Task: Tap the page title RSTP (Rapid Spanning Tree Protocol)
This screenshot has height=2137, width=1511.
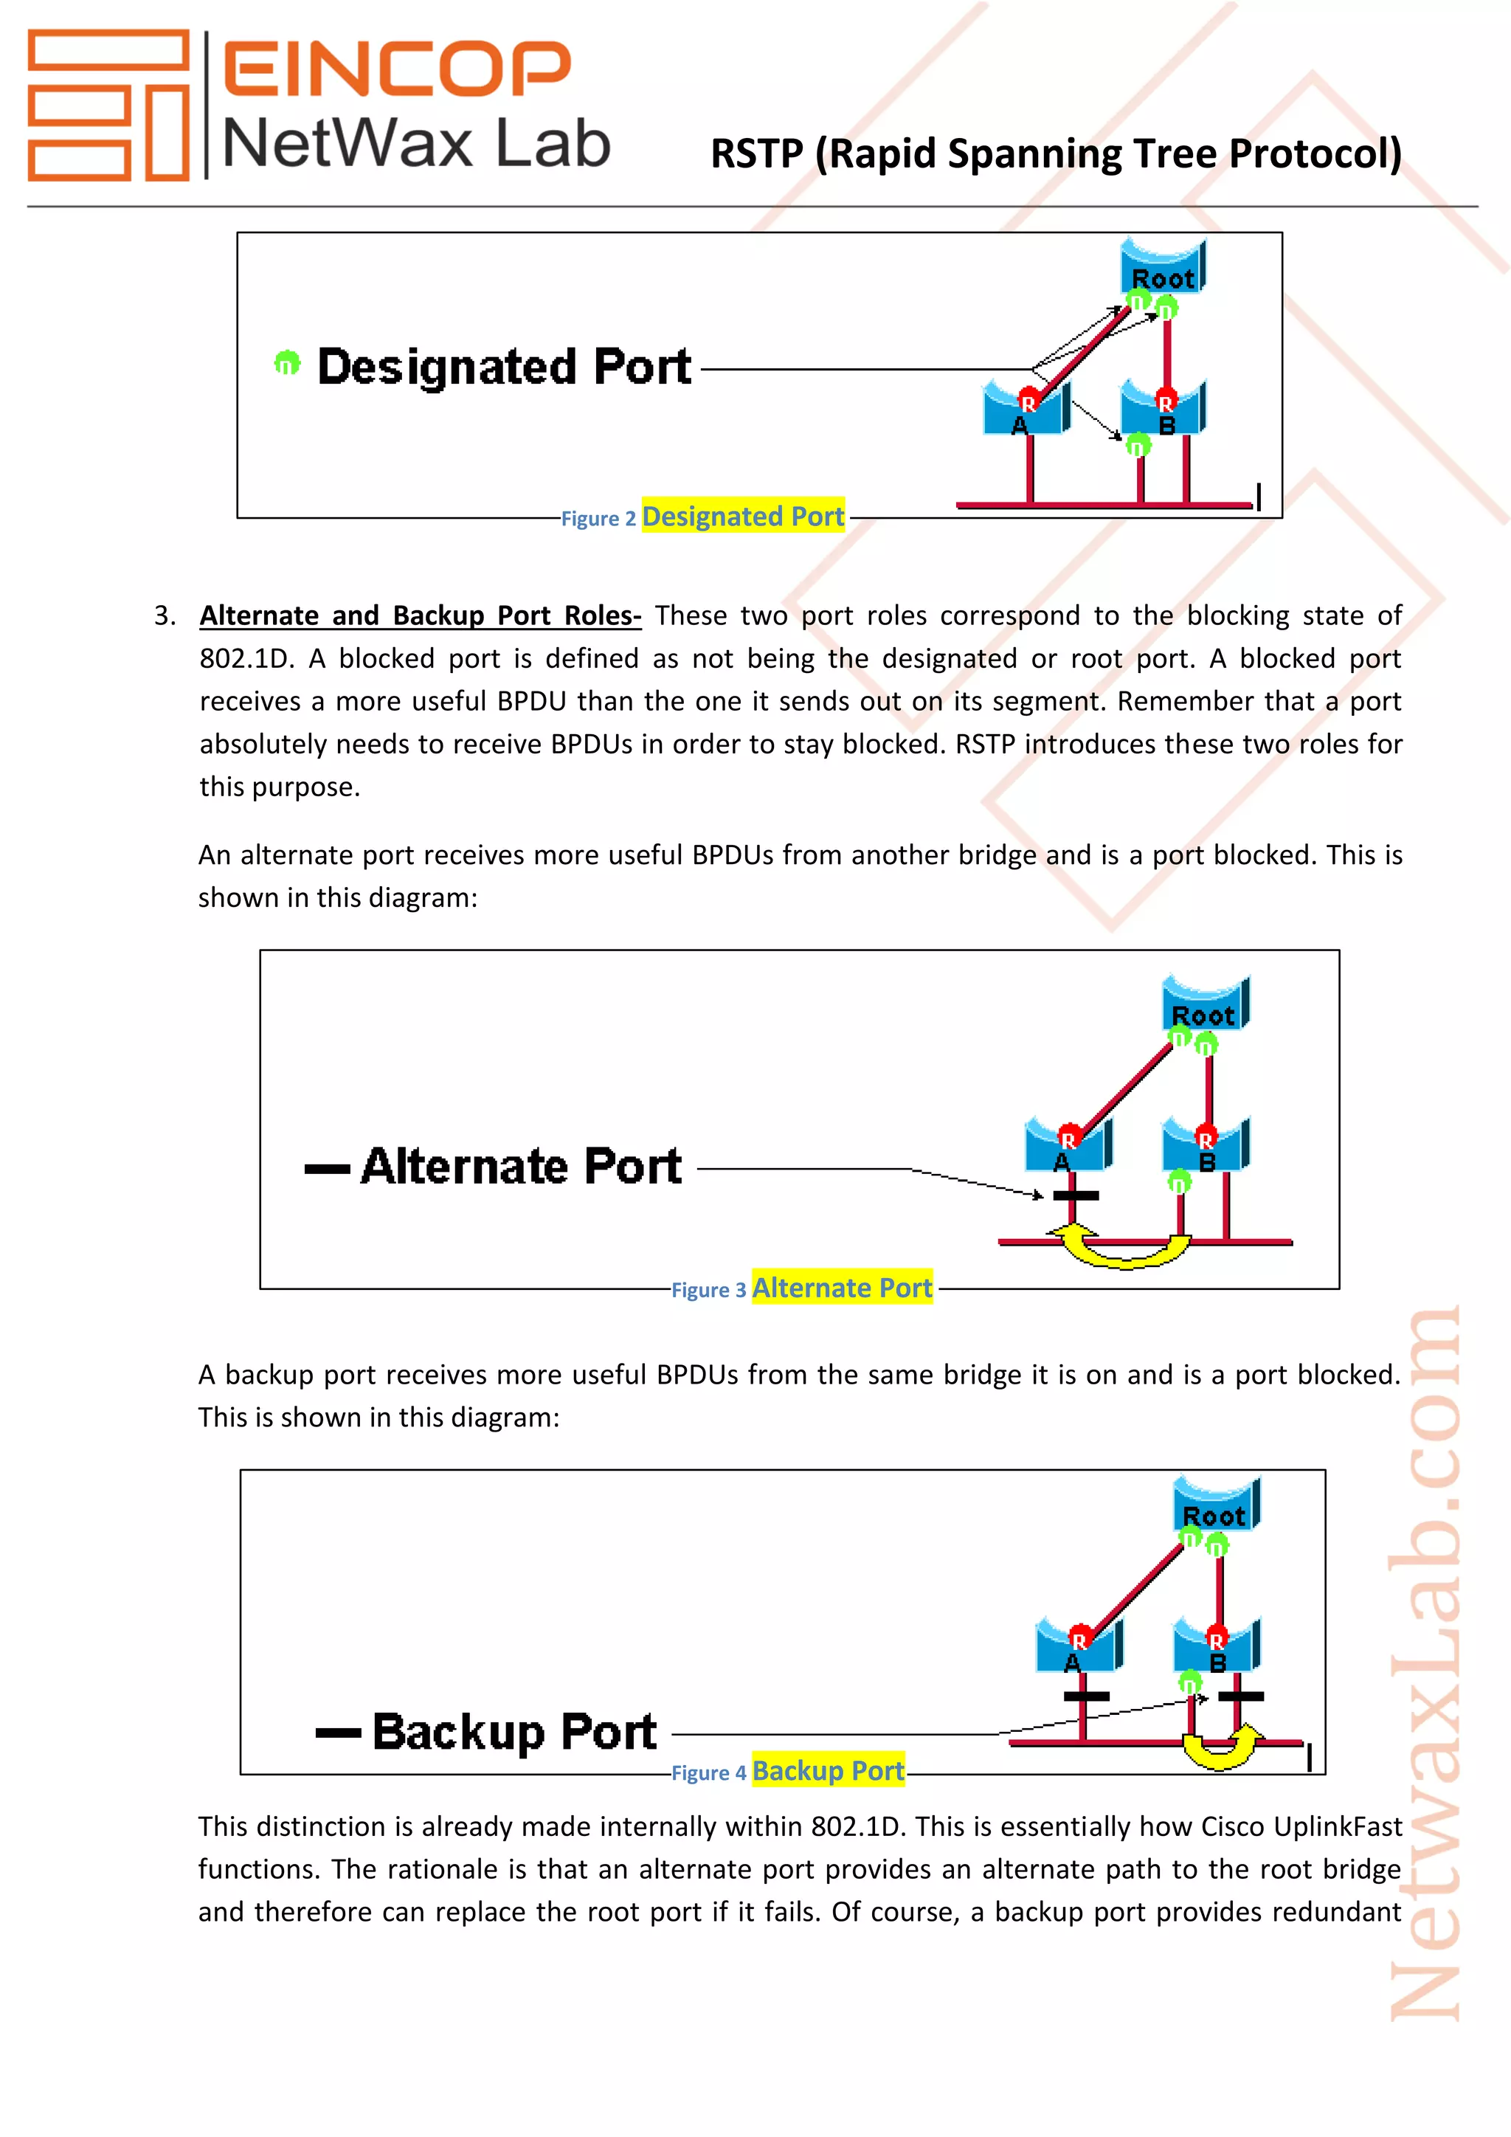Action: click(x=1055, y=153)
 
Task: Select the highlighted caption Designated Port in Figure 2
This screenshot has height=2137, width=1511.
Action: click(x=742, y=516)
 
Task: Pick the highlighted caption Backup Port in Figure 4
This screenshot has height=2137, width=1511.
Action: click(x=828, y=1770)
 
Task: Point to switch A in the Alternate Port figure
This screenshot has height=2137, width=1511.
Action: click(x=1065, y=1150)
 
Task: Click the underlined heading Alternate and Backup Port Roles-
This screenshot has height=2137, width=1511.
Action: click(x=421, y=615)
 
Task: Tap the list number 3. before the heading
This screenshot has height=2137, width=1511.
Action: click(x=165, y=616)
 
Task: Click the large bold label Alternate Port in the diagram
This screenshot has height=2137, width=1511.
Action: click(x=521, y=1166)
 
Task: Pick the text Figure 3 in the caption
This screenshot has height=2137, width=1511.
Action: click(x=708, y=1290)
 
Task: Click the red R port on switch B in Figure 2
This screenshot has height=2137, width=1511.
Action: click(x=1166, y=403)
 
